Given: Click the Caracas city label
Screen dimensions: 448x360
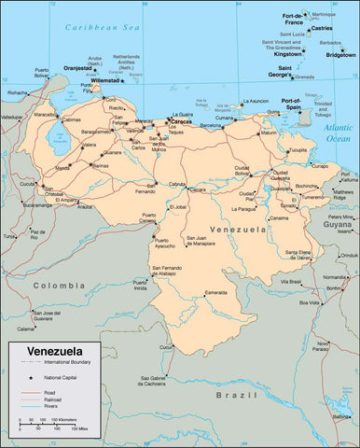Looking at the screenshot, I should (183, 120).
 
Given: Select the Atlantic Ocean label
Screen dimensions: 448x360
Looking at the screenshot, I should (339, 133).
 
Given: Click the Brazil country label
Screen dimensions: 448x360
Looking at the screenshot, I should (228, 395).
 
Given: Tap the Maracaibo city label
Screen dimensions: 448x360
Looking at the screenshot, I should (46, 114).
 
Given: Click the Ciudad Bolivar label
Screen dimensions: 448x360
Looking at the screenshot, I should (242, 170).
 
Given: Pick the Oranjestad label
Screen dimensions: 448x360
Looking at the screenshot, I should (77, 68).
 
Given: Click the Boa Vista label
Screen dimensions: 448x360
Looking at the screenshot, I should (309, 301).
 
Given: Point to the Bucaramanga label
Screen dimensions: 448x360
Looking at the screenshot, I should (38, 205).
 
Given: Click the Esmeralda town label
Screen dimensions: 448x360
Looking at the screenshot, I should (216, 293).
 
